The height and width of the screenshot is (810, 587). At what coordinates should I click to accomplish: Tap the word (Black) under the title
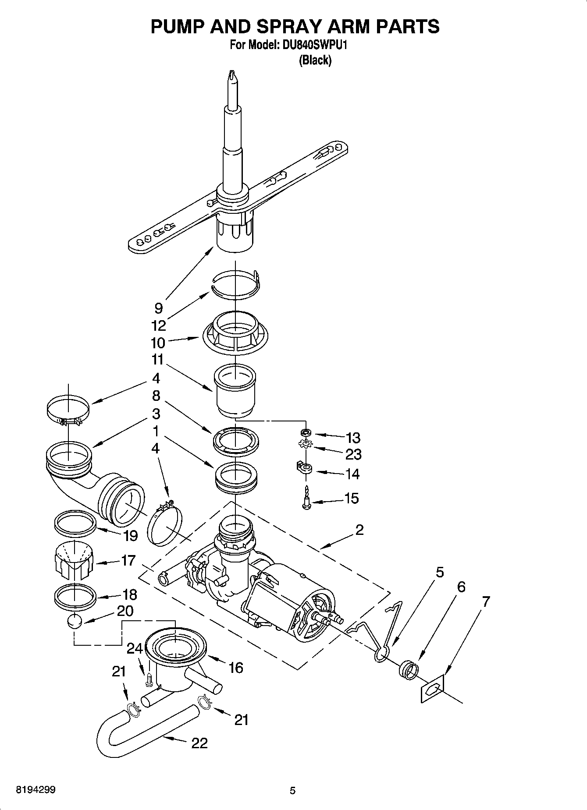[315, 60]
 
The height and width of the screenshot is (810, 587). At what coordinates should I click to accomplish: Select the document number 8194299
[36, 790]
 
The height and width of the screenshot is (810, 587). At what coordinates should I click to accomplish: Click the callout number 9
[158, 308]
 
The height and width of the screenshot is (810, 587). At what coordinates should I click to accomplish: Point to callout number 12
[158, 325]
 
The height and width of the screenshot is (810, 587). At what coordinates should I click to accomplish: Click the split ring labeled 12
[235, 285]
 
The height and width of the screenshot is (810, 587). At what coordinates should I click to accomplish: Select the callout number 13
[352, 437]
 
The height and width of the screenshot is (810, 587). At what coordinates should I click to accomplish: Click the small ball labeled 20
[75, 621]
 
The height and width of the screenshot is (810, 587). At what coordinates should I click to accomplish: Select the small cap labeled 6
[408, 669]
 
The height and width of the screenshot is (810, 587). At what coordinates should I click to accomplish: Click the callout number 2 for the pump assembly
[359, 530]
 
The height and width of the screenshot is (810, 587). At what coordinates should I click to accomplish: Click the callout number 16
[235, 668]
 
